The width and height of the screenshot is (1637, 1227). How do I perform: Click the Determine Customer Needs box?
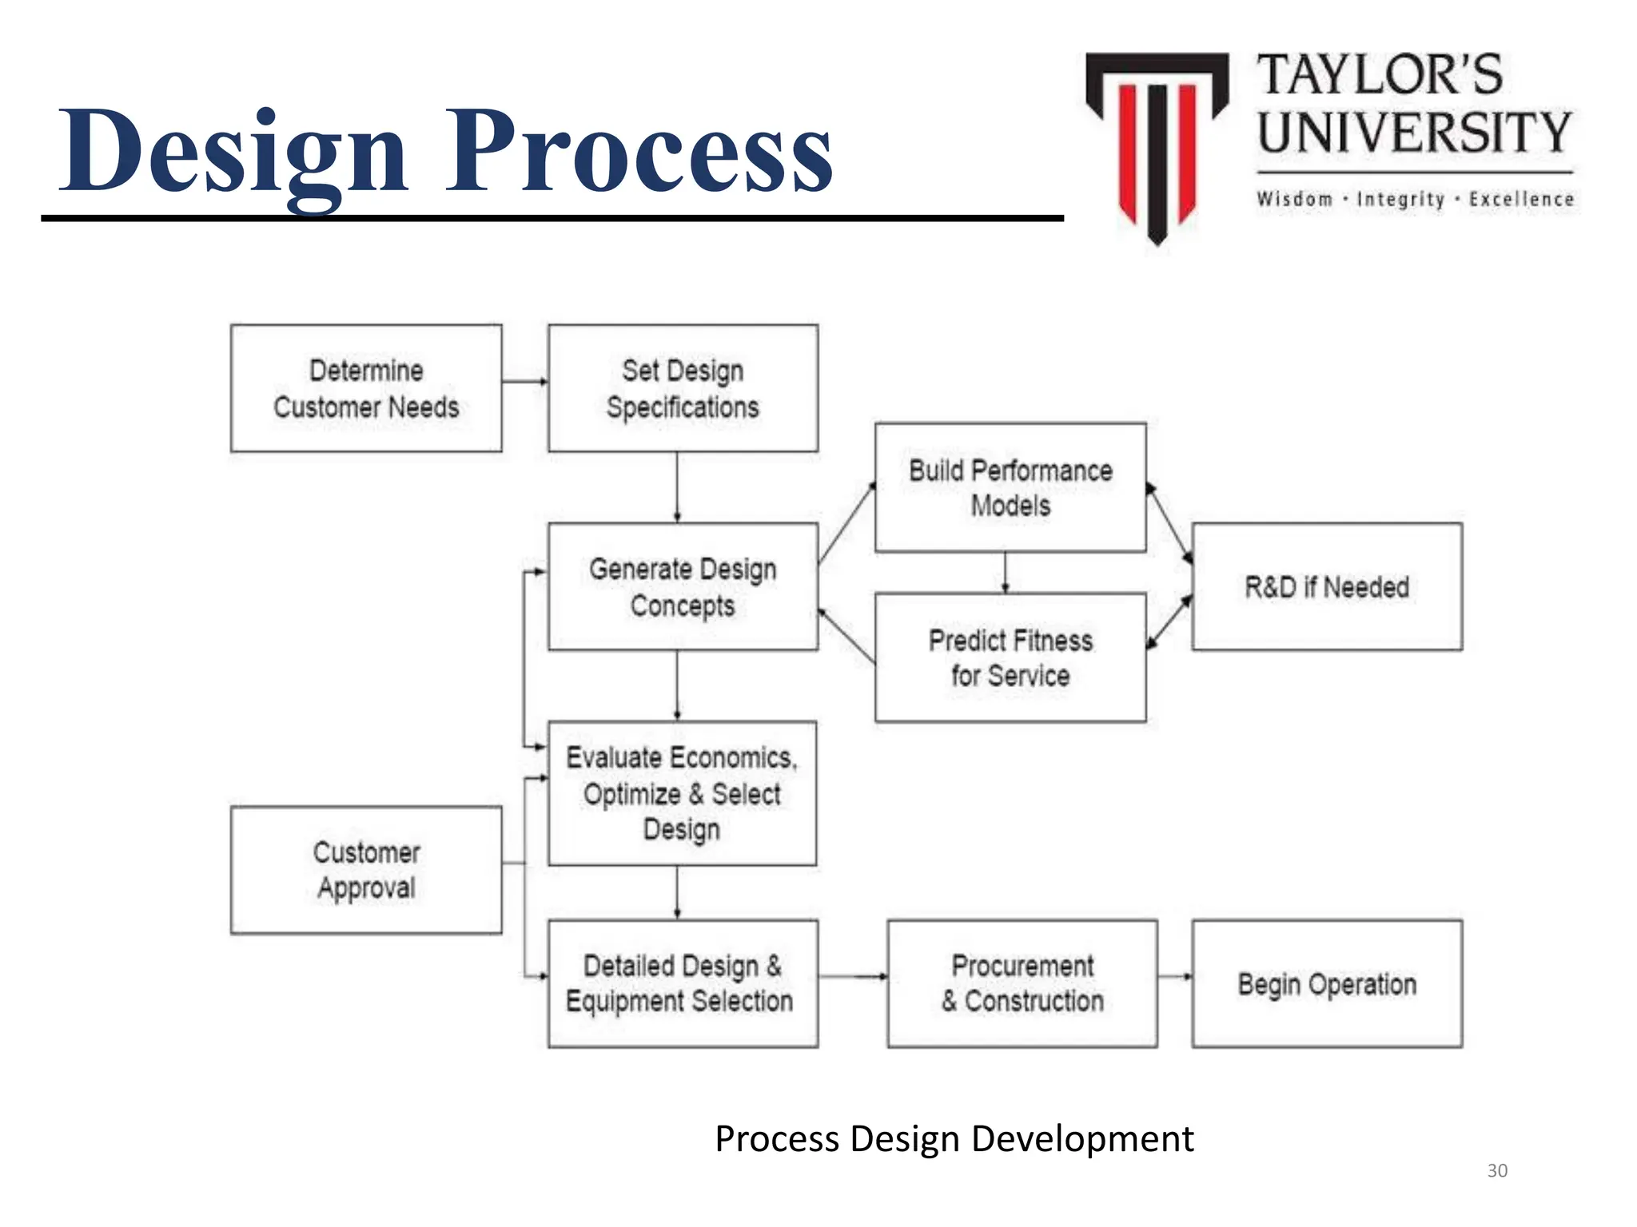pyautogui.click(x=366, y=388)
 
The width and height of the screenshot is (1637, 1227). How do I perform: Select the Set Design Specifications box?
pyautogui.click(x=683, y=388)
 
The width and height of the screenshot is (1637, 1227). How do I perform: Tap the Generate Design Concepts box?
pyautogui.click(x=683, y=587)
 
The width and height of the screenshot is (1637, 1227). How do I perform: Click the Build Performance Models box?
pyautogui.click(x=1010, y=487)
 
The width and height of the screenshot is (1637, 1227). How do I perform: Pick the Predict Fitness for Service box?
pyautogui.click(x=1010, y=657)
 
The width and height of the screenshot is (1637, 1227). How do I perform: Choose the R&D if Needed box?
pyautogui.click(x=1327, y=587)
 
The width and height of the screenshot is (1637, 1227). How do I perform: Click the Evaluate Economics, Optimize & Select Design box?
pyautogui.click(x=682, y=793)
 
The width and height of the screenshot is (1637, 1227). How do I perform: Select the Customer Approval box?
pyautogui.click(x=366, y=870)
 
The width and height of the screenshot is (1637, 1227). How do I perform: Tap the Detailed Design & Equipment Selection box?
pyautogui.click(x=683, y=983)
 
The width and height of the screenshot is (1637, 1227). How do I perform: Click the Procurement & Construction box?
pyautogui.click(x=1022, y=983)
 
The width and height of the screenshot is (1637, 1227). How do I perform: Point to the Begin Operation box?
pyautogui.click(x=1327, y=983)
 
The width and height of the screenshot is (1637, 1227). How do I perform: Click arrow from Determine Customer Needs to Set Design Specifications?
pyautogui.click(x=525, y=381)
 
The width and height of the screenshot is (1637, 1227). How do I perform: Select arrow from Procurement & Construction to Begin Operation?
pyautogui.click(x=1174, y=976)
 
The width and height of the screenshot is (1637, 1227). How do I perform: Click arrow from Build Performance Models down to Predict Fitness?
pyautogui.click(x=1006, y=572)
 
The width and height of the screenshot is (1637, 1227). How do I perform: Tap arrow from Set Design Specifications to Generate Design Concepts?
pyautogui.click(x=677, y=487)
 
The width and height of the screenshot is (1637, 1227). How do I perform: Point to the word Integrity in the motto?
pyautogui.click(x=1400, y=199)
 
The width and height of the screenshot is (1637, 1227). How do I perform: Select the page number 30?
pyautogui.click(x=1497, y=1170)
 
